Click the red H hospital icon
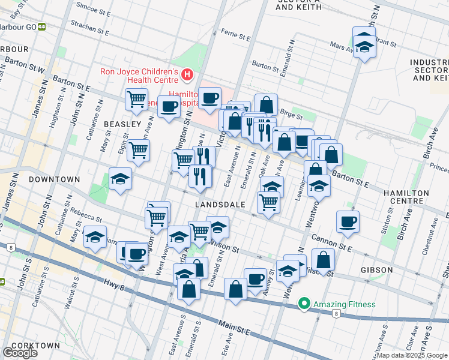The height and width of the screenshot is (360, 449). [x=187, y=75]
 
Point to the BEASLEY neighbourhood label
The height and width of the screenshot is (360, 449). [x=122, y=124]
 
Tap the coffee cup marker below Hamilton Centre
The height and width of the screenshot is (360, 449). [x=348, y=222]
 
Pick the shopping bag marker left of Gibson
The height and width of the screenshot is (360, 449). [x=323, y=260]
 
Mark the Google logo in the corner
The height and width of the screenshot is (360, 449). [x=20, y=353]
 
